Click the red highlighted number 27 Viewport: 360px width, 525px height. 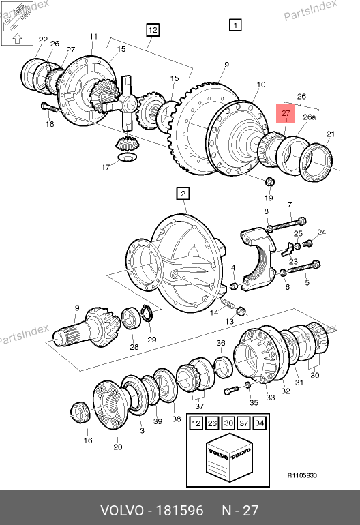(x=285, y=113)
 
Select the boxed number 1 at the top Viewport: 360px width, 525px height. (x=235, y=25)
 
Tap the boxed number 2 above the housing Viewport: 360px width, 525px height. (x=183, y=194)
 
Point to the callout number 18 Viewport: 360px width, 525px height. (x=50, y=124)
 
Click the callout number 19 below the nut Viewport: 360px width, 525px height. (x=269, y=198)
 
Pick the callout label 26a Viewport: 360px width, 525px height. (x=309, y=117)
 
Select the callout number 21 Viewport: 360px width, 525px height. (x=331, y=134)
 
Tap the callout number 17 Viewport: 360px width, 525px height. (x=106, y=167)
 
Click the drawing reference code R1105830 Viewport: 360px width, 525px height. (x=302, y=475)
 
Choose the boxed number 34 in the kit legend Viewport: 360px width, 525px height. (x=260, y=423)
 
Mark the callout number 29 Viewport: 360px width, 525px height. (x=152, y=339)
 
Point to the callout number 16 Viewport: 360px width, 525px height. (x=88, y=440)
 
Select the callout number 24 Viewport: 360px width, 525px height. (x=322, y=232)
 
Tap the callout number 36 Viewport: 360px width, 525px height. (x=221, y=343)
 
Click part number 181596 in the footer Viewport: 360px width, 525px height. (x=180, y=511)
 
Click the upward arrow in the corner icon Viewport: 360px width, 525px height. (x=18, y=38)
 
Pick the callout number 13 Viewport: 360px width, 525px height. (x=229, y=321)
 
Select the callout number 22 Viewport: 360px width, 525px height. (x=43, y=40)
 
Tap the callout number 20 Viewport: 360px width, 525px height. (x=117, y=447)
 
